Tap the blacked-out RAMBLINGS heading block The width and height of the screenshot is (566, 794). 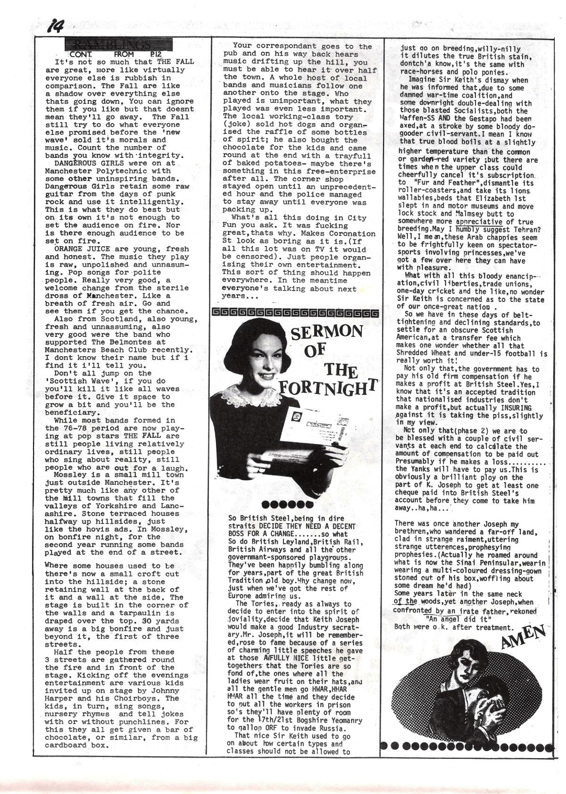[x=118, y=45]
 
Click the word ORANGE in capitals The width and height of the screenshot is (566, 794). [x=69, y=249]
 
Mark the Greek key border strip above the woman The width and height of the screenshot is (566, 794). [x=295, y=313]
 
